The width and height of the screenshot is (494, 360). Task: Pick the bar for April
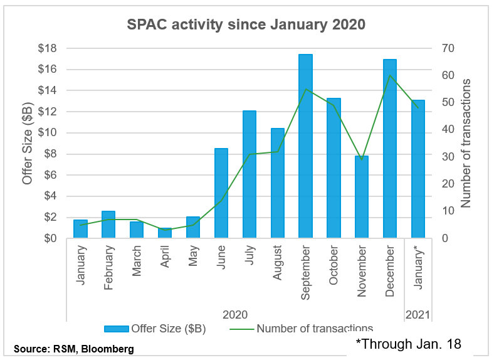point(165,233)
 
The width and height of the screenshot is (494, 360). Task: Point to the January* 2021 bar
point(418,169)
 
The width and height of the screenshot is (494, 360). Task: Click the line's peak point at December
point(389,76)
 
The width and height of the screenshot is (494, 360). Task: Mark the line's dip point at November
point(361,159)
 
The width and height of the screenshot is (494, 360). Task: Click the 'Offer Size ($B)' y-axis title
point(27,143)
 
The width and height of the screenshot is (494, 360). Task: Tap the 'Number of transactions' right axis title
point(466,143)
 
